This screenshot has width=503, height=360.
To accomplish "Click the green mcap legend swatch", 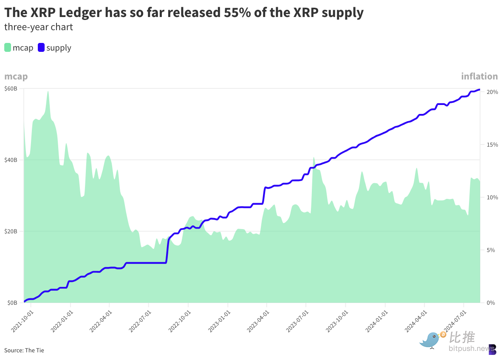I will pos(8,48).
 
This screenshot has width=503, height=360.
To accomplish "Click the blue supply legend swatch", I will pos(41,48).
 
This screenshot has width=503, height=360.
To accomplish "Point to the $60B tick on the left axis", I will pos(11,88).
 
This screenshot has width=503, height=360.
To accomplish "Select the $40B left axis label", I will pos(11,160).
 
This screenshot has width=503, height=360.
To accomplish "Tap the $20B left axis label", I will pos(11,231).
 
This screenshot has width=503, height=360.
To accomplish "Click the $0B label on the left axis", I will pos(12,303).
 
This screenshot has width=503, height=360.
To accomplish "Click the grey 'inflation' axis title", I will pos(479,77).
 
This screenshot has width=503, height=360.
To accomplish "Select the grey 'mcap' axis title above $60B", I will pos(16,77).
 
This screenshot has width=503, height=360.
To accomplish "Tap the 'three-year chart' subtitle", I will pos(39,27).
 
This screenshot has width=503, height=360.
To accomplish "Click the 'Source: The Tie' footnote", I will pos(24,350).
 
